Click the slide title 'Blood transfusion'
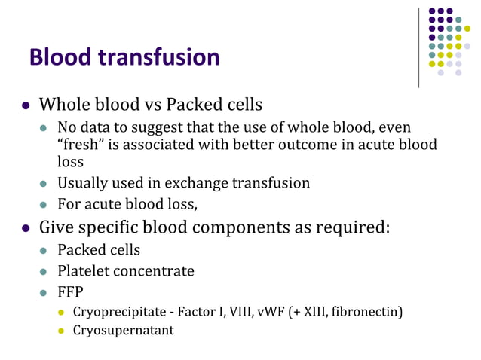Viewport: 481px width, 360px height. [x=124, y=57]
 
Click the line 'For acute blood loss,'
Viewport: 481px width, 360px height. [x=127, y=203]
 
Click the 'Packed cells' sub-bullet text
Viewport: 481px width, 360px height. [x=99, y=250]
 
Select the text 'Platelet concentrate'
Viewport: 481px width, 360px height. [x=126, y=270]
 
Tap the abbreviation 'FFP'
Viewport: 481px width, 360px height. [x=70, y=291]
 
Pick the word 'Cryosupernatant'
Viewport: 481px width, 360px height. [x=123, y=330]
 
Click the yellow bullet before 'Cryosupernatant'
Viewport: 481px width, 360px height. [x=63, y=330]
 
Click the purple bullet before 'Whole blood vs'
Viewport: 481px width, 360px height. [x=26, y=104]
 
